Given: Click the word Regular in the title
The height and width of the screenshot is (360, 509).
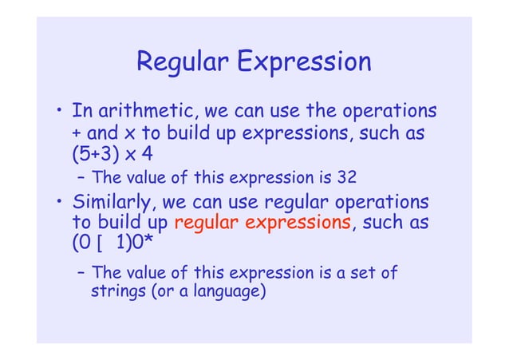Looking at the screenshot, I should pyautogui.click(x=181, y=62).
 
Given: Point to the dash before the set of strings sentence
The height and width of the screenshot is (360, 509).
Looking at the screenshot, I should pyautogui.click(x=82, y=273).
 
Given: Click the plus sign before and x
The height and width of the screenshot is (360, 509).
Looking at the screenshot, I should pyautogui.click(x=77, y=130).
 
